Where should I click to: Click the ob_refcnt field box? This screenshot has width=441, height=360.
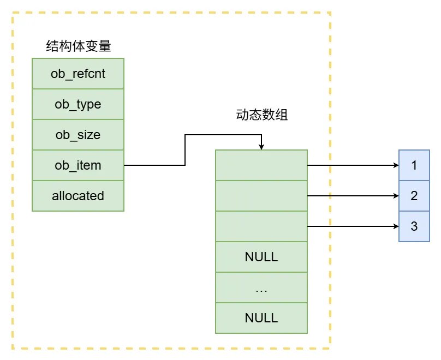click(x=78, y=74)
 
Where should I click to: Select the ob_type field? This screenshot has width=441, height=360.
click(x=78, y=104)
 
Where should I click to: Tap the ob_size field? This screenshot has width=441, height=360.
click(x=78, y=135)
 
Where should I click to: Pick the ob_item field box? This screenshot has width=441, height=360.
click(x=78, y=165)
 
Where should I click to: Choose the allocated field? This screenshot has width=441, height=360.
click(x=78, y=196)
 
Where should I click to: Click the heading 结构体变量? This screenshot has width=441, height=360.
click(x=79, y=46)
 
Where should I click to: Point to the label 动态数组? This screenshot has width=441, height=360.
click(x=261, y=115)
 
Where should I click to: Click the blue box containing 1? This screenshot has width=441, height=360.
click(x=414, y=165)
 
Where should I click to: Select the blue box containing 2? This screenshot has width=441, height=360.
click(x=414, y=195)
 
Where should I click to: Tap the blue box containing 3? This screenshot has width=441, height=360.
click(x=414, y=226)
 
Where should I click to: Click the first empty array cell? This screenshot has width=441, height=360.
click(x=261, y=165)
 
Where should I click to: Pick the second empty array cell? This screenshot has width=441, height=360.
click(x=261, y=196)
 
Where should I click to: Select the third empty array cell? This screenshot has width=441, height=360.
click(x=261, y=226)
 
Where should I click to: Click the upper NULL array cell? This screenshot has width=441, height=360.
click(x=261, y=257)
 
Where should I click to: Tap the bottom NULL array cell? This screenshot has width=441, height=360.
click(x=261, y=318)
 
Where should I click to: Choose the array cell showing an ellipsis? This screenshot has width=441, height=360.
click(x=261, y=287)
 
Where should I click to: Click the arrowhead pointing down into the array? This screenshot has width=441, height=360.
click(x=261, y=147)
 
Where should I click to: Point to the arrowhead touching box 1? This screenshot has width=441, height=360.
click(x=395, y=165)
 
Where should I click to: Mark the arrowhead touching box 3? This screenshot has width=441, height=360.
click(x=395, y=226)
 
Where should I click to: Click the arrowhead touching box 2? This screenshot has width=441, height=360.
click(x=395, y=195)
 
